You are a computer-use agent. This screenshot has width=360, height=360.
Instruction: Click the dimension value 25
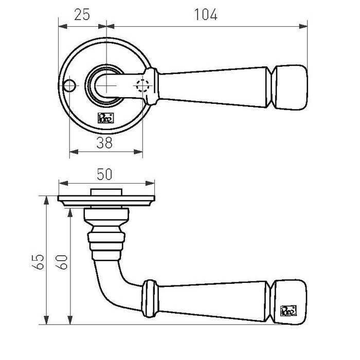pos(82,15)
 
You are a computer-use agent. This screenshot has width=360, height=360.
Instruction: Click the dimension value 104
pos(207,15)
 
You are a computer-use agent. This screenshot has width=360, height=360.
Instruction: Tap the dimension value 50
pos(105,174)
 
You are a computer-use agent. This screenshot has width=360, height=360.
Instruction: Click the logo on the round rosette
pos(105,117)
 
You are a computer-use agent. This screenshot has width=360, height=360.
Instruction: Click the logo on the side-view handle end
pos(289,311)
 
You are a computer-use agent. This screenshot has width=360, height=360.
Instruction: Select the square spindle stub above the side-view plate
pos(106,192)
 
